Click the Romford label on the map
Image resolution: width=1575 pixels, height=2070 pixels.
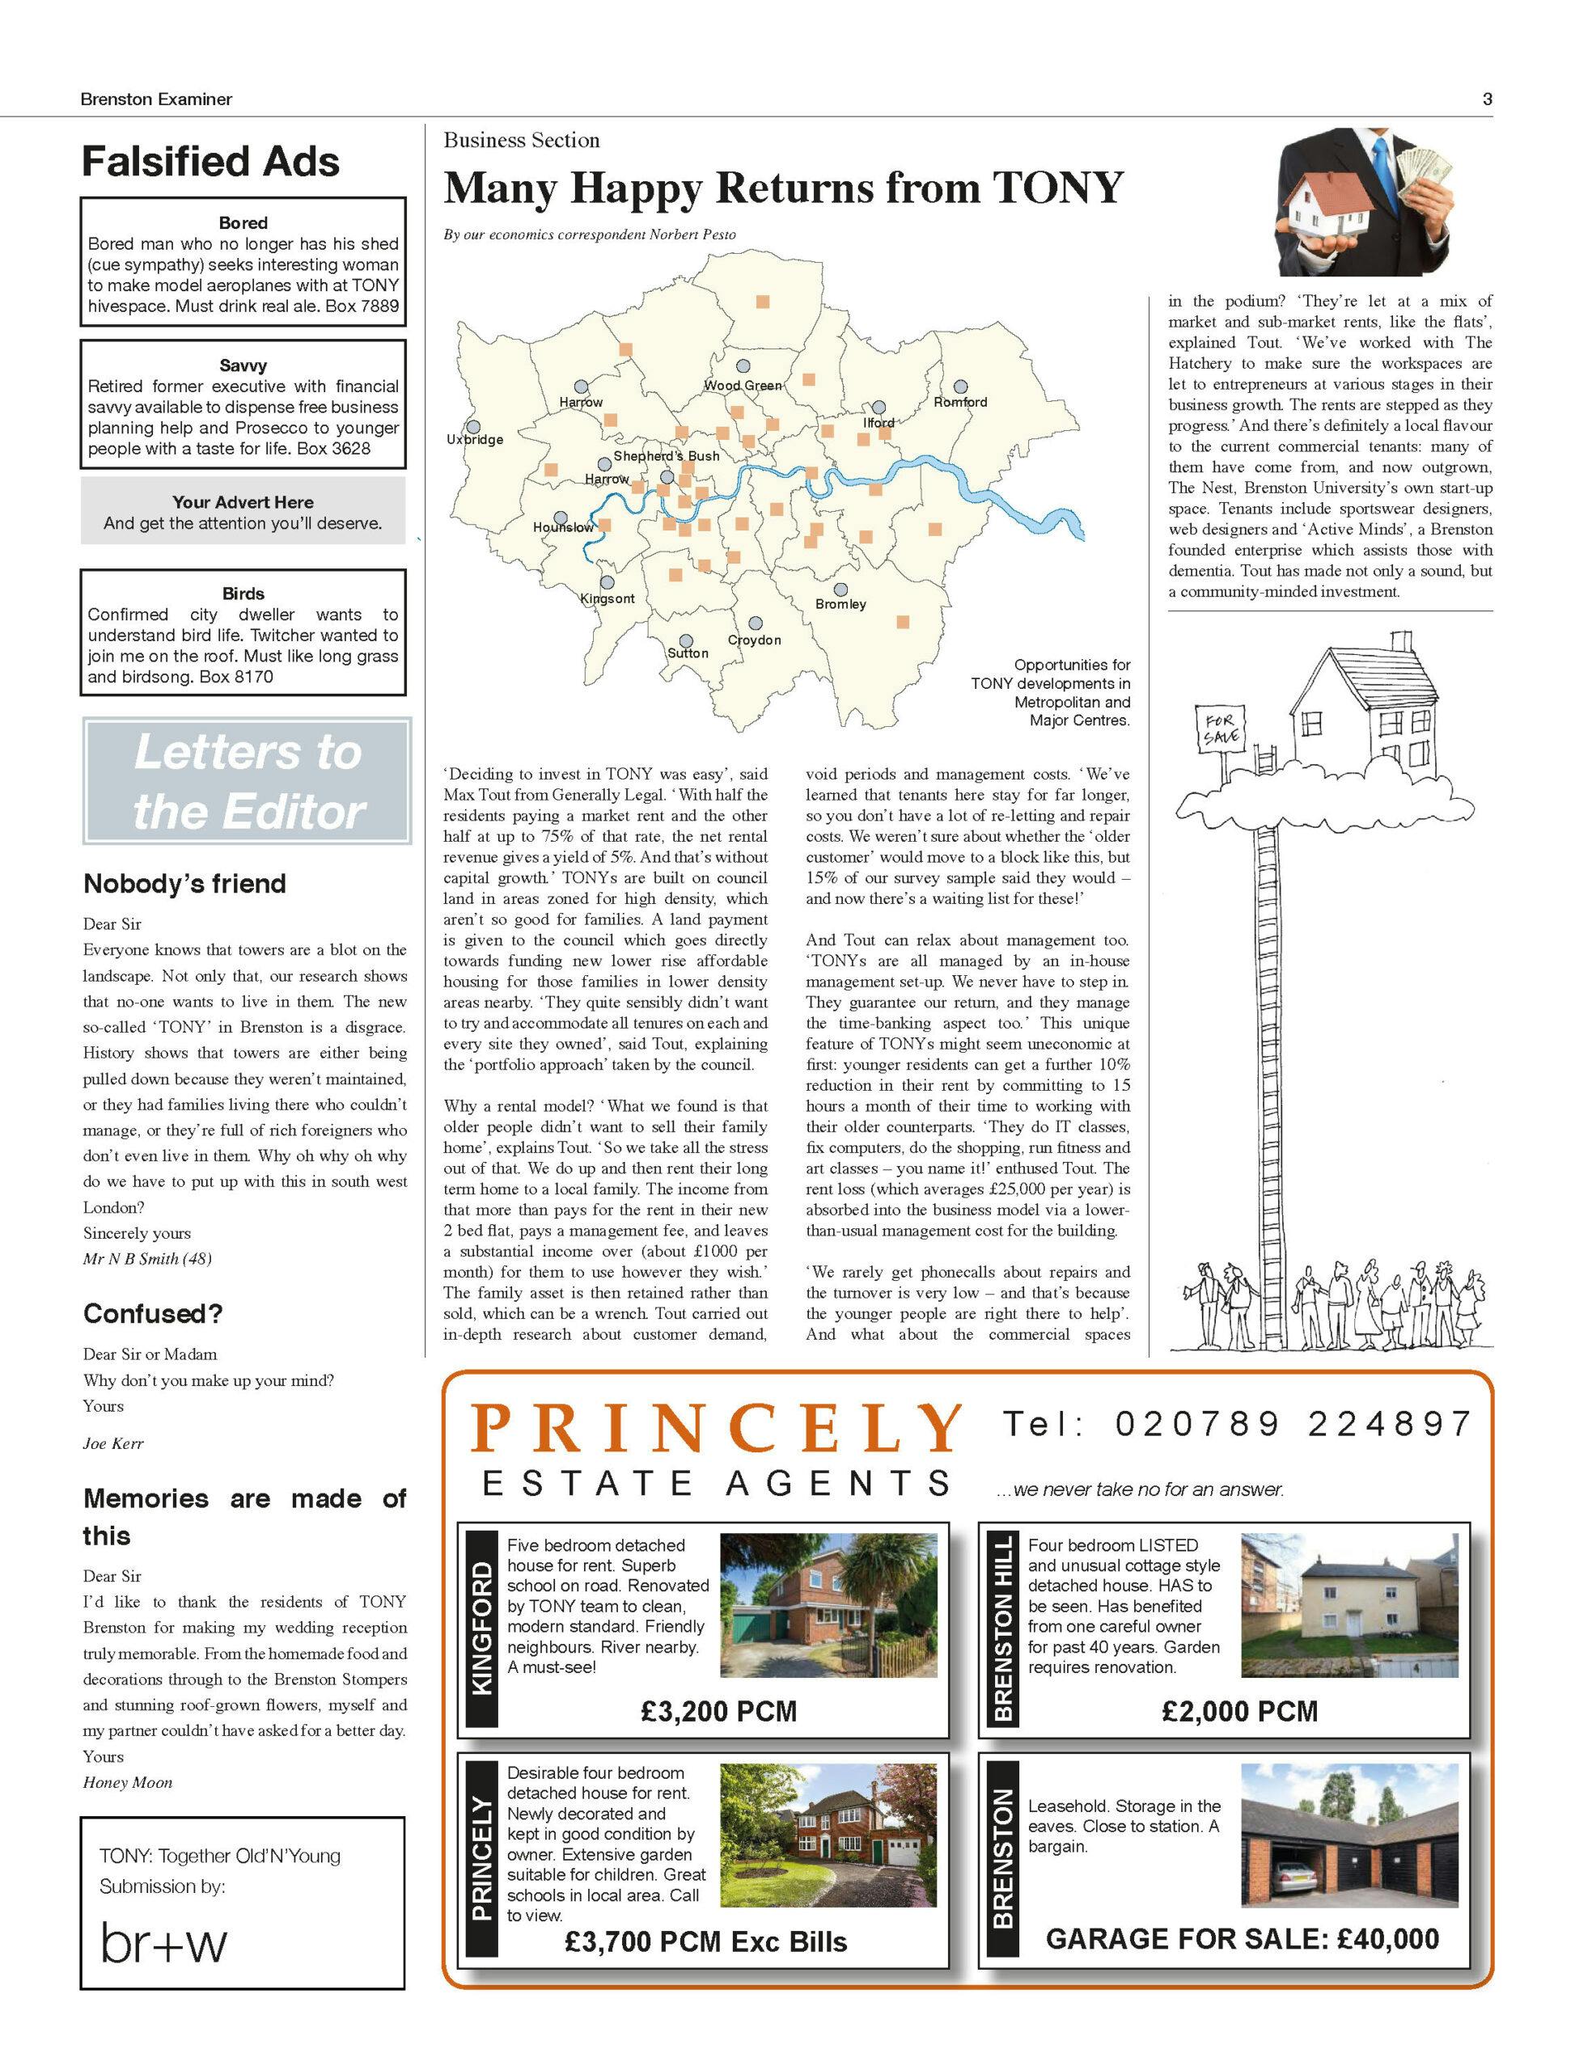(x=960, y=402)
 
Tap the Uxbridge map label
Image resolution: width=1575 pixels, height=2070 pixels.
(x=474, y=440)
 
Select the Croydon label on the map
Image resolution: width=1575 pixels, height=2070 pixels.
(x=754, y=640)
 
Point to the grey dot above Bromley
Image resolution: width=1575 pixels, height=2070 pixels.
(x=841, y=589)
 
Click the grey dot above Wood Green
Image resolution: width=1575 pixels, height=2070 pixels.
(x=743, y=366)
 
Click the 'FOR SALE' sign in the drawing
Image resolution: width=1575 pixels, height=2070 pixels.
(x=1216, y=728)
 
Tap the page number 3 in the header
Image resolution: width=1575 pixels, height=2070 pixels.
(x=1487, y=99)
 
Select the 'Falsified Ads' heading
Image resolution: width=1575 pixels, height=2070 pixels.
(x=211, y=161)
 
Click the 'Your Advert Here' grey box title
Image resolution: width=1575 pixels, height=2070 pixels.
(x=243, y=502)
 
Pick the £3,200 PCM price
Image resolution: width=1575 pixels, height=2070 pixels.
(x=718, y=1711)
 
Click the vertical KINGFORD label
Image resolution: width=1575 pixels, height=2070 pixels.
(x=481, y=1628)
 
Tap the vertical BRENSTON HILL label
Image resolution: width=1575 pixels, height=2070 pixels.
(x=1002, y=1628)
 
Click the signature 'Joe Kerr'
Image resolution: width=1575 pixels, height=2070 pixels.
(x=112, y=1444)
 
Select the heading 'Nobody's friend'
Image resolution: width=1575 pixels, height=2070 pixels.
(x=184, y=884)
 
